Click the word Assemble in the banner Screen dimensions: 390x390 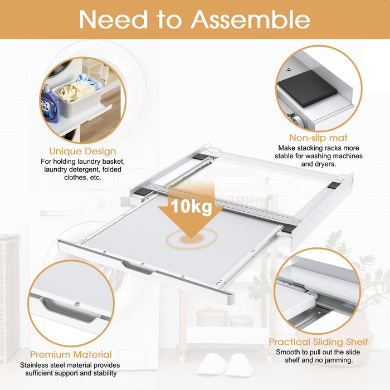pyautogui.click(x=251, y=19)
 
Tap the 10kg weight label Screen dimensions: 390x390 pyautogui.click(x=191, y=207)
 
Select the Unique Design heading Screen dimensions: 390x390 pyautogui.click(x=82, y=151)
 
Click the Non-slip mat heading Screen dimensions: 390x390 pyautogui.click(x=318, y=138)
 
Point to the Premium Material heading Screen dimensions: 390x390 pyautogui.click(x=71, y=354)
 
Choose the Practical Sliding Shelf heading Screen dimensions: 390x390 pyautogui.click(x=318, y=342)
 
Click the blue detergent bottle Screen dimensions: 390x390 pyautogui.click(x=50, y=104)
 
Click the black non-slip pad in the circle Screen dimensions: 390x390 pyautogui.click(x=307, y=88)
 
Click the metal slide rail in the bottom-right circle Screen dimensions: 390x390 pyautogui.click(x=323, y=308)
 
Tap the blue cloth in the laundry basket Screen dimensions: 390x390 pyautogui.click(x=90, y=81)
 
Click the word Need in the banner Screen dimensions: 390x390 pyautogui.click(x=113, y=19)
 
